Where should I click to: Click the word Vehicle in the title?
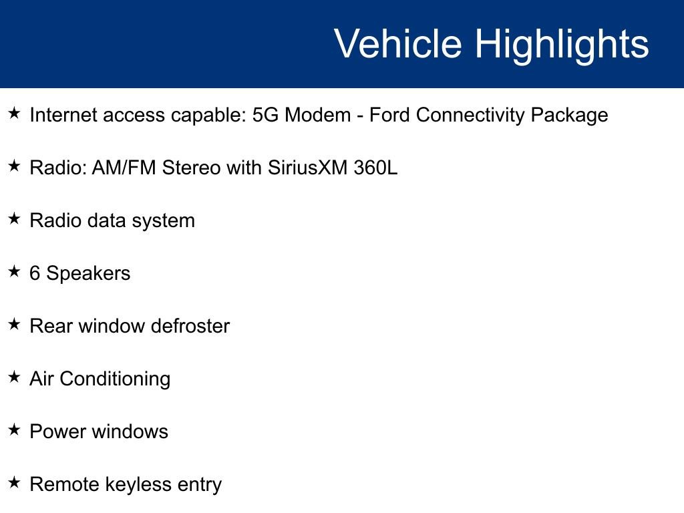coord(397,44)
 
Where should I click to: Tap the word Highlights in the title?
coord(562,44)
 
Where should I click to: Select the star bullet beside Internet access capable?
coord(14,114)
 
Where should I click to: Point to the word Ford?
coord(390,115)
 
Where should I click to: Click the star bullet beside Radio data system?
coord(14,219)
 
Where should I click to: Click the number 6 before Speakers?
coord(35,273)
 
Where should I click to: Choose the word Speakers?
coord(88,274)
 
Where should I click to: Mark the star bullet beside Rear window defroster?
coord(14,325)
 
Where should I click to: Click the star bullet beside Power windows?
coord(14,430)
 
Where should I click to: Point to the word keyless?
coord(142,484)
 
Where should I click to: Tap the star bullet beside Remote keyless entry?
coord(14,483)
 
